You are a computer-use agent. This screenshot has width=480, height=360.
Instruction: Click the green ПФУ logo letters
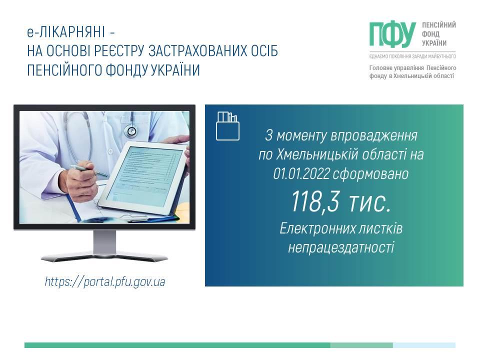(392, 34)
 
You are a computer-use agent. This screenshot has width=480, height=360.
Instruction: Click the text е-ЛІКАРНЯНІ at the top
(66, 31)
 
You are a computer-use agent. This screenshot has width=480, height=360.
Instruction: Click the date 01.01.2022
(301, 174)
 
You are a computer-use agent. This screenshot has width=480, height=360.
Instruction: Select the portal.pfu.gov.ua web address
(105, 281)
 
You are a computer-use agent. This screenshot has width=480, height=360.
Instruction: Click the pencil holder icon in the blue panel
(228, 126)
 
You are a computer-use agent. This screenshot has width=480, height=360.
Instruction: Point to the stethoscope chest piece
(131, 131)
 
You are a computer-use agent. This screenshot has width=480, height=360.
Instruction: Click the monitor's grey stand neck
(104, 242)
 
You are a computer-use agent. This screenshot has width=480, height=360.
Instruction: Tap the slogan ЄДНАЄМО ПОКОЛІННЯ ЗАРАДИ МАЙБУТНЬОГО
(412, 56)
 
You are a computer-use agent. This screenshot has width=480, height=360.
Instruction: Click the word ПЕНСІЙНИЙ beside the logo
(439, 25)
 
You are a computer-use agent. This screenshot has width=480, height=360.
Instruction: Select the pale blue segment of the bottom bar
(424, 345)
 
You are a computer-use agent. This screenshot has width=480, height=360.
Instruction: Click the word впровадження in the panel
(374, 135)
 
